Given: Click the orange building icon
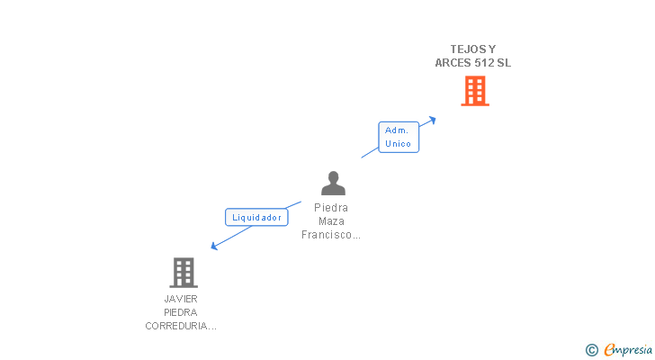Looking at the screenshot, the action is pos(475,91).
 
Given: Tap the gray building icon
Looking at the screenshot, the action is pos(183,272).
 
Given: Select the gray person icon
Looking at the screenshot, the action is pos(333,184).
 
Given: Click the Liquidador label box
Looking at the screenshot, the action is pos(256,217).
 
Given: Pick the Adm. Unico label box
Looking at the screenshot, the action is pos(398,137).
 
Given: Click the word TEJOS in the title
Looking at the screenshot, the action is pos(467,49).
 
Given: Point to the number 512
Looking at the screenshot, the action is pos(484,63).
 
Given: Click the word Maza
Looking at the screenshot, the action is pos(331,221).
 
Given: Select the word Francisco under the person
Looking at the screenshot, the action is pos(329,235).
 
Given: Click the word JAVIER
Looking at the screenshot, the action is pos(181,299).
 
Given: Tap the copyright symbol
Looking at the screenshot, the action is pos(591,350).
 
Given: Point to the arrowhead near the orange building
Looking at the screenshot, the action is pos(433,118).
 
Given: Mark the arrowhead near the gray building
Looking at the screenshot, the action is pos(214,246).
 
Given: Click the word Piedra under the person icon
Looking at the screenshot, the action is pos(331,208).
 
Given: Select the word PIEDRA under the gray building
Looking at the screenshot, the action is pos(181,312).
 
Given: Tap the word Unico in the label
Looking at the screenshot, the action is pos(398,144).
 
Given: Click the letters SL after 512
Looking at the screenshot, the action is pos(504,63).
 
